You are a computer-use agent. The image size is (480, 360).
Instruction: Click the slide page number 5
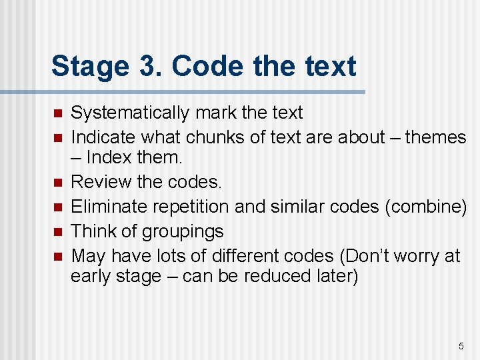(x=461, y=346)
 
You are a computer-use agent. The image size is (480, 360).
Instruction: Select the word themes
(x=435, y=137)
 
